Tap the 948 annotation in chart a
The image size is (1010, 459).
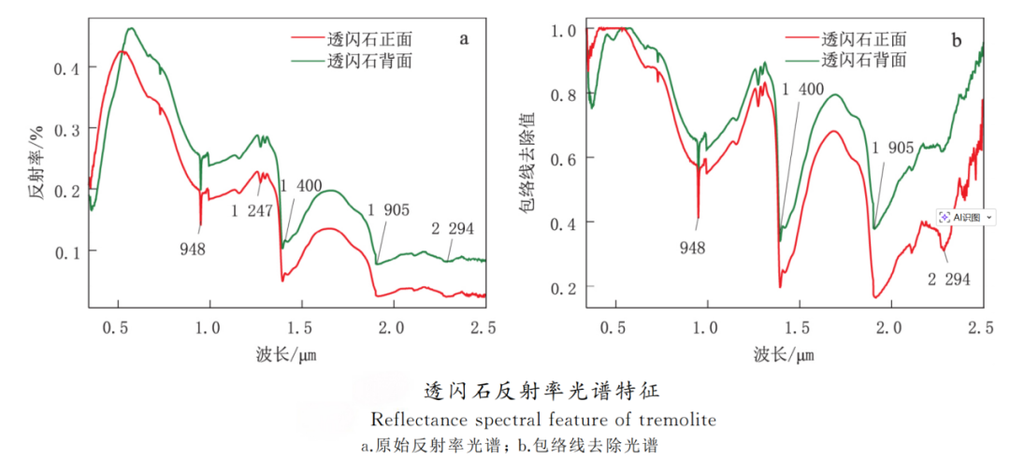click(193, 250)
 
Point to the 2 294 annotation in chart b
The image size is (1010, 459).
click(949, 280)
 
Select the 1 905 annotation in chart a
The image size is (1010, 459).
click(388, 209)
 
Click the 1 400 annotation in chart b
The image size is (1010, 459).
click(802, 90)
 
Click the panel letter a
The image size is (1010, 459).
click(464, 39)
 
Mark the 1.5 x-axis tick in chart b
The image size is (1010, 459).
click(800, 327)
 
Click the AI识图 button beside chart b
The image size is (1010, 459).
click(964, 218)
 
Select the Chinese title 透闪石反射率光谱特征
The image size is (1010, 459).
click(541, 391)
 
